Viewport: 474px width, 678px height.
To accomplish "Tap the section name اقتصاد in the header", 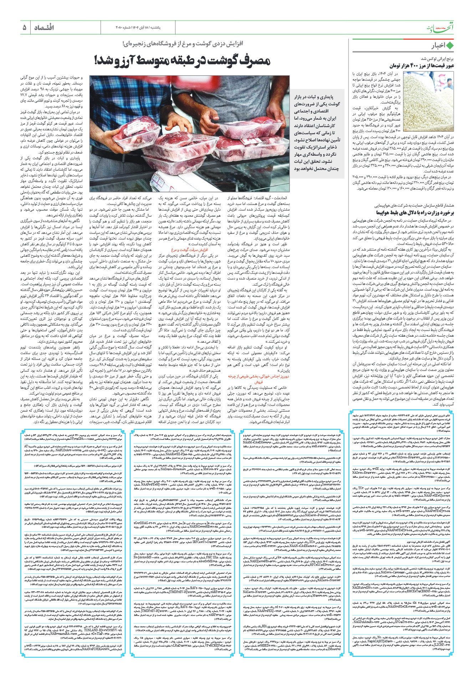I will [44, 27].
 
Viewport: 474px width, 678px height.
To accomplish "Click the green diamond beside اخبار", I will [450, 45].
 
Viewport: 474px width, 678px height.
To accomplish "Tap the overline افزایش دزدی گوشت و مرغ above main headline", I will [182, 44].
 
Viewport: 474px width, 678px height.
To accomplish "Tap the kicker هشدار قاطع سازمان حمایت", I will [414, 205].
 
